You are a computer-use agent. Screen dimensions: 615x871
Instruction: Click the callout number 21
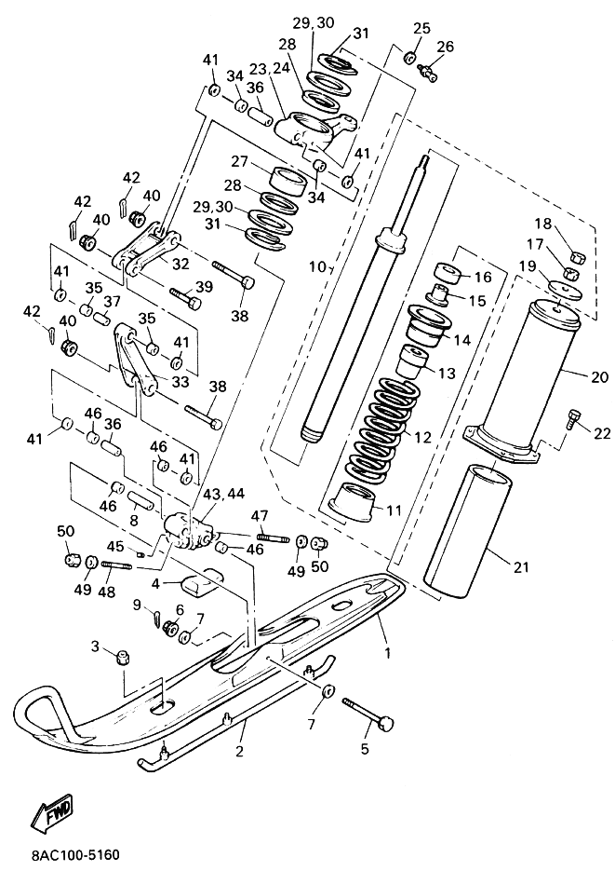pos(521,567)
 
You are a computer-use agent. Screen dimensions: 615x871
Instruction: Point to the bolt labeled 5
pos(368,712)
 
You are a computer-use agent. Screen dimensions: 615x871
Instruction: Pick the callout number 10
pos(318,266)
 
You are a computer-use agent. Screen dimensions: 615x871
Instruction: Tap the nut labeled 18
pos(577,256)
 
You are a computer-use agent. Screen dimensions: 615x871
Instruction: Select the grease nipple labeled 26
pos(427,71)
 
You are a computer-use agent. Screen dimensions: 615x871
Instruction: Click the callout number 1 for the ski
pos(388,653)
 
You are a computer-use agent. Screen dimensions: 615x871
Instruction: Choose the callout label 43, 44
pos(223,494)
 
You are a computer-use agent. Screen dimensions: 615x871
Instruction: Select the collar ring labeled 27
pos(287,181)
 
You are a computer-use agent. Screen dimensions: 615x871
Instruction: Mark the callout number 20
pos(600,376)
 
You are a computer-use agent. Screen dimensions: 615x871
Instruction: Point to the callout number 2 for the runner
pos(239,752)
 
